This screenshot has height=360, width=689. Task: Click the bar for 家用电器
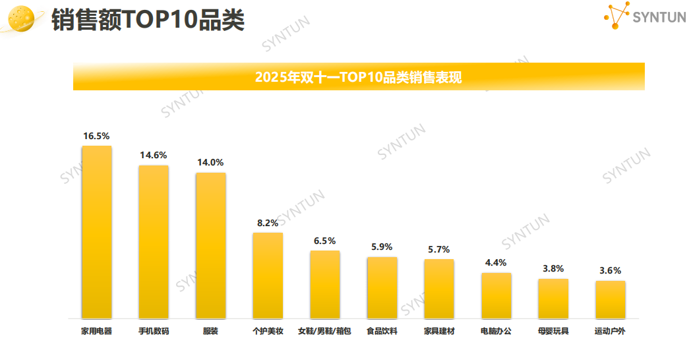(x=96, y=232)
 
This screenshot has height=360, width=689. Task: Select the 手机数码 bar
(x=153, y=242)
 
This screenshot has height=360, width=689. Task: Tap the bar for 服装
(x=210, y=245)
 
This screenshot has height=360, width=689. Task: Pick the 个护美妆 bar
(x=268, y=276)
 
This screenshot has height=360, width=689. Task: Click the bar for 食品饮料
(x=382, y=287)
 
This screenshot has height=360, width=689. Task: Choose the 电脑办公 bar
(x=496, y=295)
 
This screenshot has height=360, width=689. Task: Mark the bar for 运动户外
(x=610, y=299)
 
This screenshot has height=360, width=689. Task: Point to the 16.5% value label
(x=96, y=136)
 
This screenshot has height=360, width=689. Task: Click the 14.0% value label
(x=210, y=162)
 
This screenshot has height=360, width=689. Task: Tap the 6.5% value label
(x=324, y=241)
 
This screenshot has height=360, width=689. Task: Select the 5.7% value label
(x=438, y=249)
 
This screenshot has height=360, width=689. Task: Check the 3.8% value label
(x=553, y=268)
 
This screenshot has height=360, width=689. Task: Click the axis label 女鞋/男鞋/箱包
(x=324, y=331)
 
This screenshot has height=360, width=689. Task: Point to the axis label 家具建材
(x=438, y=331)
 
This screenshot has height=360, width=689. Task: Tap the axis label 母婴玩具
(x=553, y=331)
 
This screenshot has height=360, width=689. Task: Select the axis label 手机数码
(x=153, y=331)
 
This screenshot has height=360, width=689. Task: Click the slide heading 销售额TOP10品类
(x=148, y=20)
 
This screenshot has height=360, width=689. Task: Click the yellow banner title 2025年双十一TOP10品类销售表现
(x=358, y=77)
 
